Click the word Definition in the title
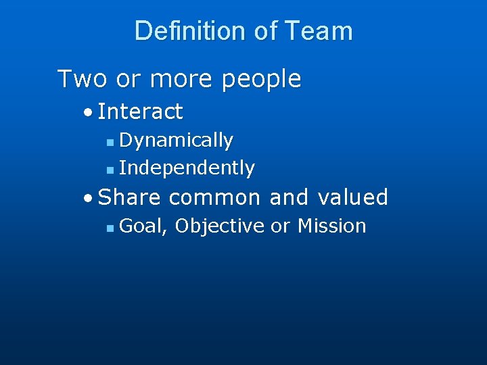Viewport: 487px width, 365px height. (191, 31)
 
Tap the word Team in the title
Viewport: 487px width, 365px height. (319, 31)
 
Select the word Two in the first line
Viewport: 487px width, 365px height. (83, 79)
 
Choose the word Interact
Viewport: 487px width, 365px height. (140, 111)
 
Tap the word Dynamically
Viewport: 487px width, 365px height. (176, 141)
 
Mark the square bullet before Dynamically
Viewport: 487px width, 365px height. (111, 142)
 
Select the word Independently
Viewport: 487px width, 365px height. (187, 168)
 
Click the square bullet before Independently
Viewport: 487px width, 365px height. (111, 169)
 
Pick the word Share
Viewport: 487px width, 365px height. (131, 197)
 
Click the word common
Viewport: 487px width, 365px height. (214, 197)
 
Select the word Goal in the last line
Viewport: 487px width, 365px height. (143, 226)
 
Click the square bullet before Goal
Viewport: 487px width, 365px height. (111, 228)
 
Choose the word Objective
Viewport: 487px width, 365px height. (219, 226)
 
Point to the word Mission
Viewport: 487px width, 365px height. (331, 226)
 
